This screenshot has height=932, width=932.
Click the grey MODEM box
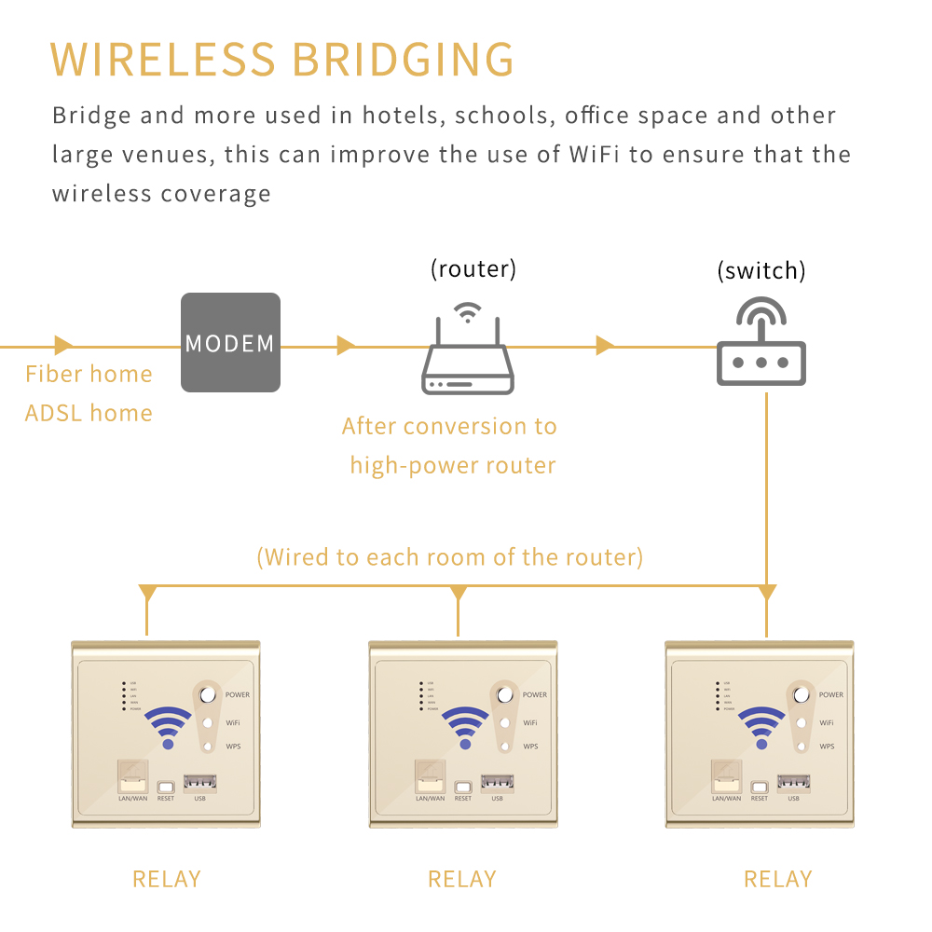tap(230, 342)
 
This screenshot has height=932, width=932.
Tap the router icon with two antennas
tap(468, 355)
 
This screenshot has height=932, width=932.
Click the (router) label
tap(473, 269)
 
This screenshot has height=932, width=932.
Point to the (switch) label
tap(761, 271)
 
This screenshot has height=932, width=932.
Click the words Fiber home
tap(89, 375)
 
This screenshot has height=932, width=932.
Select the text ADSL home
tap(89, 413)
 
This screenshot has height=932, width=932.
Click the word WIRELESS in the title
tap(163, 60)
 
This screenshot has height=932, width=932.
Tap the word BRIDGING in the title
tap(404, 60)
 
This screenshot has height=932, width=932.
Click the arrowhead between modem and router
tap(346, 346)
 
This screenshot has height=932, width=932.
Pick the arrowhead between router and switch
tap(605, 346)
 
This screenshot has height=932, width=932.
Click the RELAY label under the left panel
tap(167, 879)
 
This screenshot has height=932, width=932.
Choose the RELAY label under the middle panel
tap(462, 879)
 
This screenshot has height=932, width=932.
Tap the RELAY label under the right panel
tap(778, 879)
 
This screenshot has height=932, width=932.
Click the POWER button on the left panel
tap(208, 694)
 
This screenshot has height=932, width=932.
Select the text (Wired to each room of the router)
tap(450, 557)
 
